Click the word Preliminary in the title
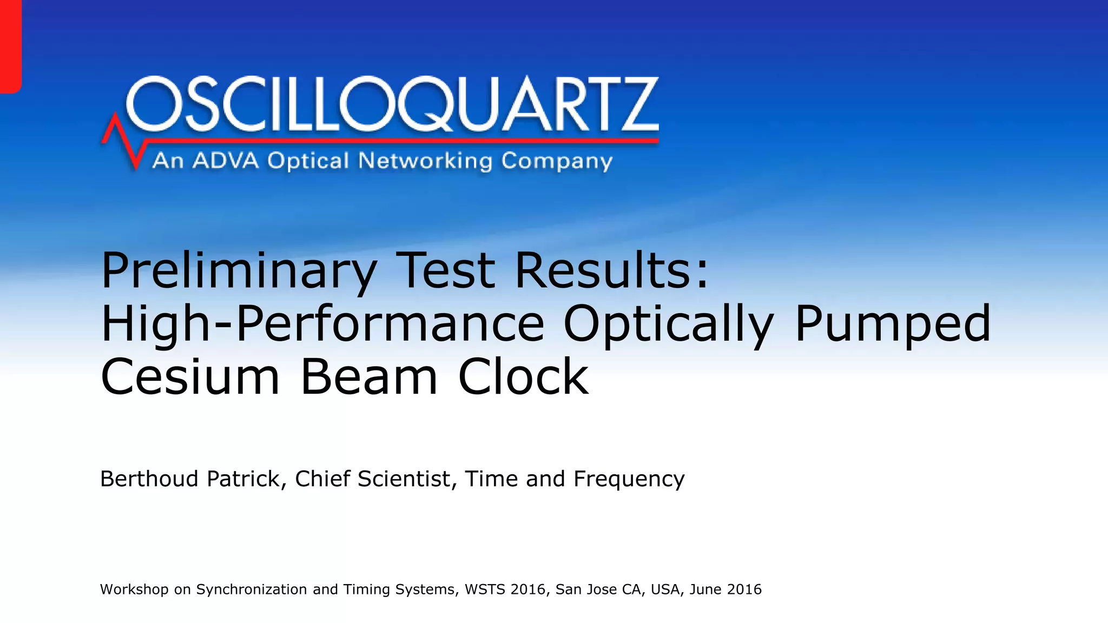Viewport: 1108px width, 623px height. click(239, 271)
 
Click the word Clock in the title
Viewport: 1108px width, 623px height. click(523, 376)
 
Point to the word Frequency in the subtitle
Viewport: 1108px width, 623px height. click(629, 480)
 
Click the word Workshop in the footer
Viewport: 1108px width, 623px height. click(134, 589)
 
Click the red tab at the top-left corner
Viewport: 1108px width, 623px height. click(10, 46)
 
